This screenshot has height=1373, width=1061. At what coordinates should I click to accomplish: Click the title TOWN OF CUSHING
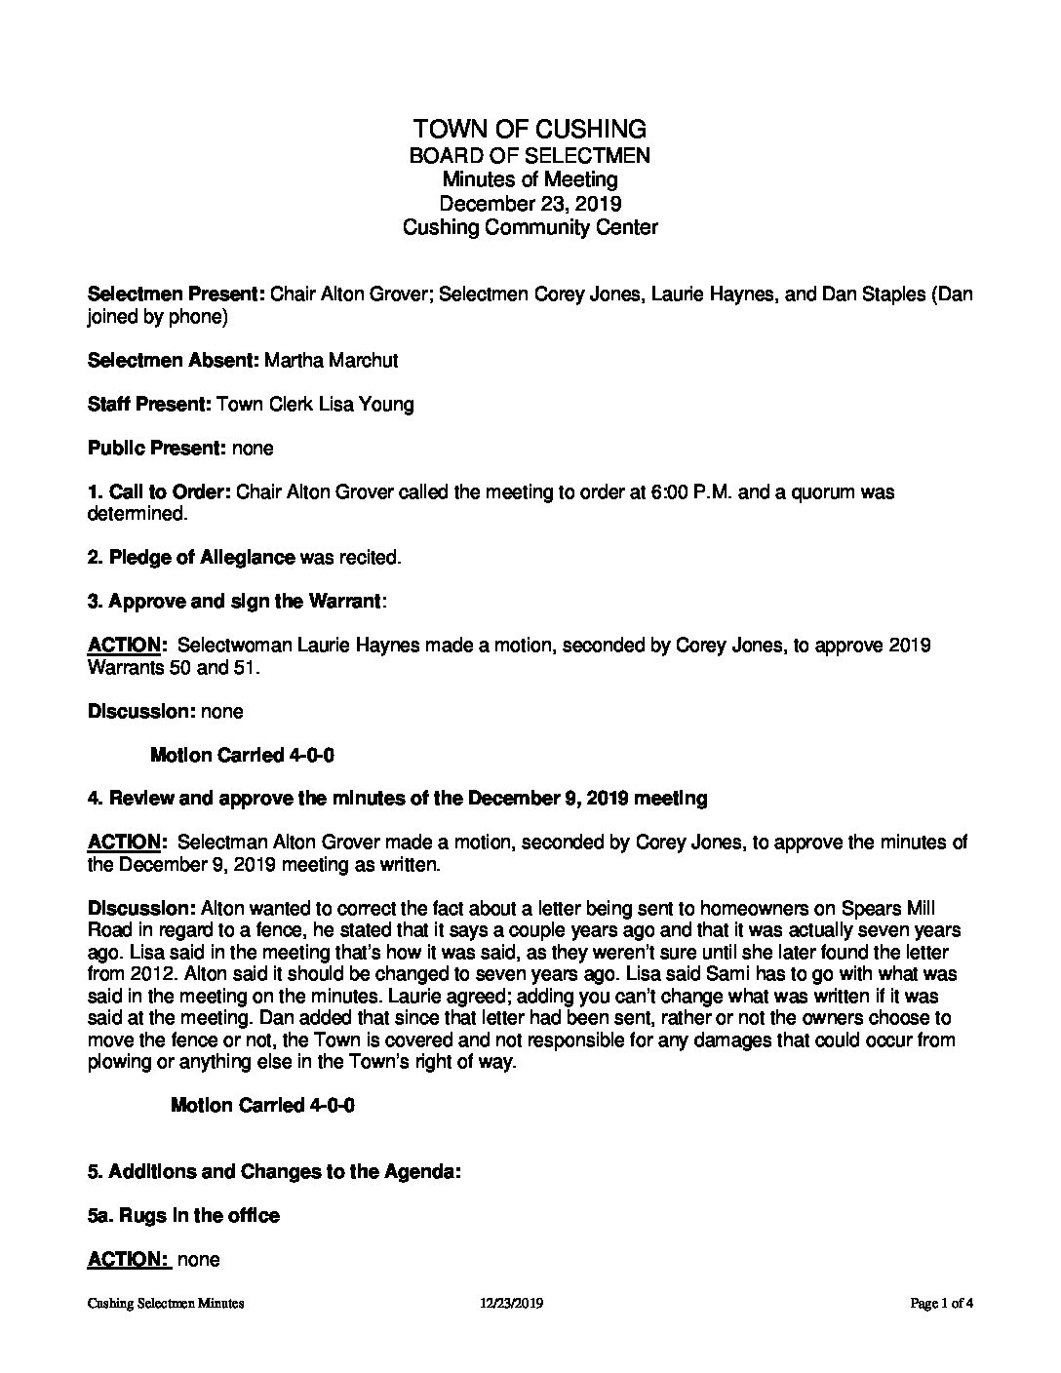(530, 129)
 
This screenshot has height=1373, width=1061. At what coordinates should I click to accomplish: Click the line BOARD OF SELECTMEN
(530, 155)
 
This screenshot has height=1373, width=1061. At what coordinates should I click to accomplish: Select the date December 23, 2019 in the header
(530, 204)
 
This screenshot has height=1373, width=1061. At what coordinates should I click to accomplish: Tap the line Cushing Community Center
(530, 227)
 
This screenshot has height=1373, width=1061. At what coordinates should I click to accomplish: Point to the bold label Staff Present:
(148, 404)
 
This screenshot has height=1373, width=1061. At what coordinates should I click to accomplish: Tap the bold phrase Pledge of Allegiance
(202, 558)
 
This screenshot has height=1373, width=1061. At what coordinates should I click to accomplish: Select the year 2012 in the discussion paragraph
(143, 973)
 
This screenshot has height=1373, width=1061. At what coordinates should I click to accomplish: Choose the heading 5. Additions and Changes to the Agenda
(274, 1171)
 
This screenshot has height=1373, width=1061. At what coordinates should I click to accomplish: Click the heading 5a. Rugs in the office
(183, 1215)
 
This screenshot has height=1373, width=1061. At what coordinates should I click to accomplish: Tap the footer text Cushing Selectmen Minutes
(165, 1303)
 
